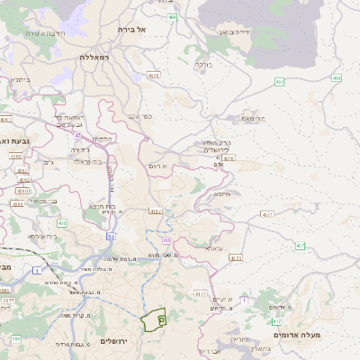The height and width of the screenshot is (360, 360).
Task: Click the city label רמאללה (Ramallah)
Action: click(94, 57)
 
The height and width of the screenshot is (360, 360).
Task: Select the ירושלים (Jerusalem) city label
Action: click(115, 341)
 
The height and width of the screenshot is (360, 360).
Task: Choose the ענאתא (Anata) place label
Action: click(212, 247)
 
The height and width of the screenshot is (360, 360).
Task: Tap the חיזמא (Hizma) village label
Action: click(220, 193)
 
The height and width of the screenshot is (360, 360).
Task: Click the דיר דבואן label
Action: click(229, 31)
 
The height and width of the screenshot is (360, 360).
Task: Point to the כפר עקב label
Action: click(139, 115)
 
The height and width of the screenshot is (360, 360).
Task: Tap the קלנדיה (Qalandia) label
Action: click(103, 139)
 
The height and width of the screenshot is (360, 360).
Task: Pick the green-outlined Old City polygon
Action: click(154, 318)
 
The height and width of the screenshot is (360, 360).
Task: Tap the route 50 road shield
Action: click(111, 236)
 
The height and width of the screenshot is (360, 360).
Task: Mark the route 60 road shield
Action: click(166, 240)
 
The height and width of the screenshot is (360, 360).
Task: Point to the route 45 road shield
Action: click(78, 136)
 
